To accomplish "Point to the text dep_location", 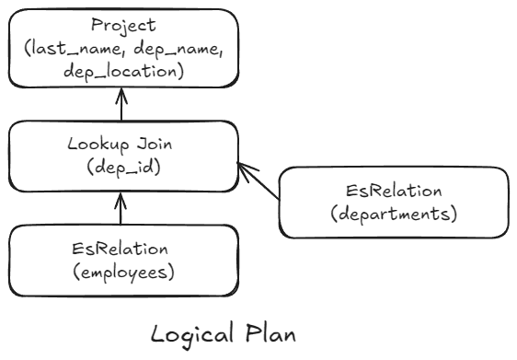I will tap(121, 71).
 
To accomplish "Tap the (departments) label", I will tap(393, 215).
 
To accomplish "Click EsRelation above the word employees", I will tap(121, 249).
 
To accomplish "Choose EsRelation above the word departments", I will tap(393, 191).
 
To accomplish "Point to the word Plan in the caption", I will tap(271, 333).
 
